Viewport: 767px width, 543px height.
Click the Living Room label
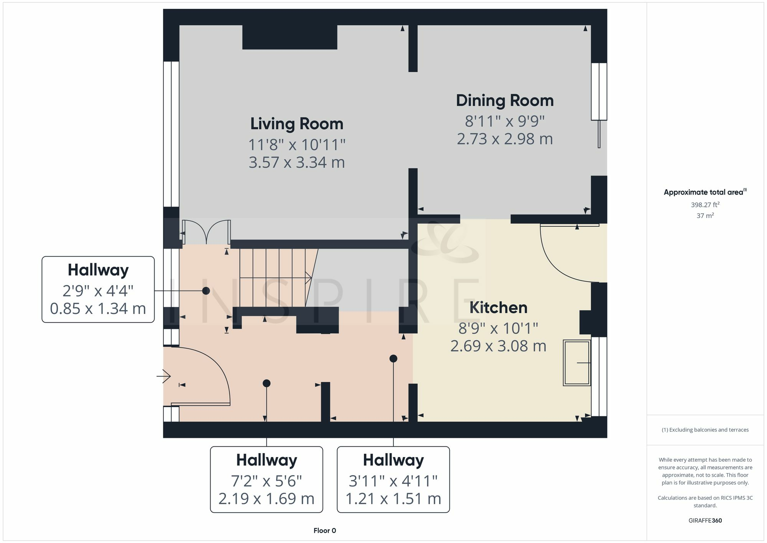(x=297, y=124)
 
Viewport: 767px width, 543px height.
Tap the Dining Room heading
(x=505, y=101)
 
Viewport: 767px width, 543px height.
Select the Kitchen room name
(x=498, y=308)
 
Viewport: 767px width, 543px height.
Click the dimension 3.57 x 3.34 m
(x=297, y=162)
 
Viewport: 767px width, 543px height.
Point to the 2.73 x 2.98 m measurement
(x=505, y=139)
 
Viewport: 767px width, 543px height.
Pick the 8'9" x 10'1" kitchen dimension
(x=498, y=328)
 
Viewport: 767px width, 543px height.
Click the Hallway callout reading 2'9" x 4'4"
(x=98, y=289)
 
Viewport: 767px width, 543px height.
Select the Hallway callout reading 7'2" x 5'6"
(x=267, y=479)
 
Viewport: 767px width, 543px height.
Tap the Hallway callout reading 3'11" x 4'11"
(x=393, y=479)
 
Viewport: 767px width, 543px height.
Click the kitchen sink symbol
(x=577, y=363)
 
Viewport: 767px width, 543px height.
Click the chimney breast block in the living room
(x=290, y=37)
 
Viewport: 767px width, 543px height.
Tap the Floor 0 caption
(x=324, y=531)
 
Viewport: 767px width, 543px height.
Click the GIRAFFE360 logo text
(x=705, y=521)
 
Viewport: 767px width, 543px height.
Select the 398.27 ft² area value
(x=705, y=205)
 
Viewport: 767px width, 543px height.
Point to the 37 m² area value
(x=705, y=216)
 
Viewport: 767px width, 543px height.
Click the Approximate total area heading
(x=705, y=192)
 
